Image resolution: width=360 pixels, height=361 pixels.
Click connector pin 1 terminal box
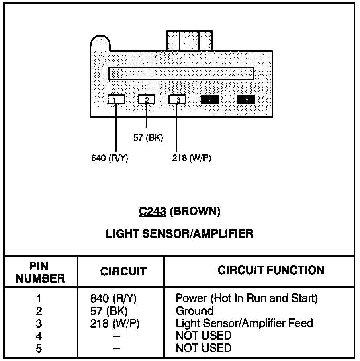116,99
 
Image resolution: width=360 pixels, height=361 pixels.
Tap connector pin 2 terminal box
147,99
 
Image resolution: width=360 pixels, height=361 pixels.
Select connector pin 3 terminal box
177,99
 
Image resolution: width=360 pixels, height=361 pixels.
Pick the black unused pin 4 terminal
210,99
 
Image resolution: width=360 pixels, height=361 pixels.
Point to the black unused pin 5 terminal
246,99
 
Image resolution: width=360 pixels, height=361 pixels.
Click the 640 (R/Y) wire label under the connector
109,158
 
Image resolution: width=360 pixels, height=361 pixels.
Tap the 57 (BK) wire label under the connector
148,137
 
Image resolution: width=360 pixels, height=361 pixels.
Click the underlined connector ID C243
152,211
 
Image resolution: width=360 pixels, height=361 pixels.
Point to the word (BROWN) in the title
195,211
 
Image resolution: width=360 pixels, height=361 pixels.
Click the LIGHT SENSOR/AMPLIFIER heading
180,234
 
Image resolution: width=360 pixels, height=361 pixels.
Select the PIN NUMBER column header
40,272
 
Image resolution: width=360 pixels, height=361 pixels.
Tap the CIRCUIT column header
123,272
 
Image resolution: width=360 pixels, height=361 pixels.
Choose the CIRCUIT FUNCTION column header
271,270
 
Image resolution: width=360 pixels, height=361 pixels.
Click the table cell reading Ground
194,311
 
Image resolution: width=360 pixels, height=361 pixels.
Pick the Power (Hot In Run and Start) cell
246,298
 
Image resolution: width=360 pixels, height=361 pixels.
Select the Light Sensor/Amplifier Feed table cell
244,323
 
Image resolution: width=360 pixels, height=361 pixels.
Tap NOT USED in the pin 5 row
203,348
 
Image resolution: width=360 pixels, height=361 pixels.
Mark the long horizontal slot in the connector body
181,74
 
